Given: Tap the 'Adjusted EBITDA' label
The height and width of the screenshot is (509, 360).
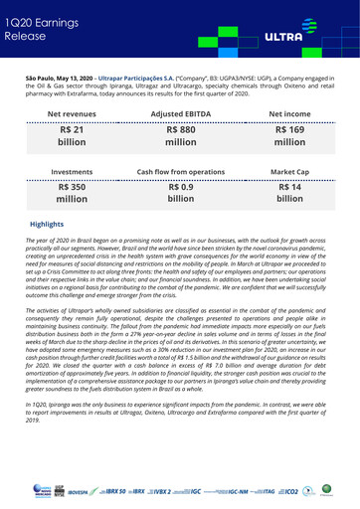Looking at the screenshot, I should (x=180, y=115).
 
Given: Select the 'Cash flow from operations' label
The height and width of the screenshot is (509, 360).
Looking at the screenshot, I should (x=180, y=172).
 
